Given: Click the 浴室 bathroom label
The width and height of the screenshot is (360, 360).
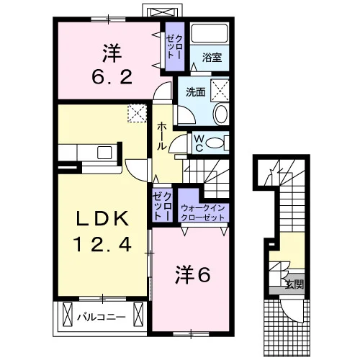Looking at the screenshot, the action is coord(212,58).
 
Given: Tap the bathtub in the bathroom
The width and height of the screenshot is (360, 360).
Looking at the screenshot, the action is coord(210,33).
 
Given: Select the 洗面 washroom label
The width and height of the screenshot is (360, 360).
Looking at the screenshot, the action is coord(196,92).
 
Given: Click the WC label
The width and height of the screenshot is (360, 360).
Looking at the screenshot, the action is coord(199,143).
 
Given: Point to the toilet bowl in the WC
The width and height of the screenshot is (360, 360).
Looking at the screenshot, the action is coord(215,143).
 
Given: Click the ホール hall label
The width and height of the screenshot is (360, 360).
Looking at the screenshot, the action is coord(162,136).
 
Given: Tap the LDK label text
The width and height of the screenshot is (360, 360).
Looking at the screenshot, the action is coord(102,219).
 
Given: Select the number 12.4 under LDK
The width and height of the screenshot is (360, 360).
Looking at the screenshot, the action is coord(103,244).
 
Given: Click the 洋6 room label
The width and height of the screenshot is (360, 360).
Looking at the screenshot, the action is coord(193,274).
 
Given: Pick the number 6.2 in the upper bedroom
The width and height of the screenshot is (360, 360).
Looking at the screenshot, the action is coord(112,78).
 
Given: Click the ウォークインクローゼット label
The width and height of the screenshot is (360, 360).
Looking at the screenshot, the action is coord(203,212).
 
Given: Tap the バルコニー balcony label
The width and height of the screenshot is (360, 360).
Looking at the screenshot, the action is coord(101,318).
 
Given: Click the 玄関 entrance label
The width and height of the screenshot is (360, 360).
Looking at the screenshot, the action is coord(294,284).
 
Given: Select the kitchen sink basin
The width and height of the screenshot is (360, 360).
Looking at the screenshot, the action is coord(104,153).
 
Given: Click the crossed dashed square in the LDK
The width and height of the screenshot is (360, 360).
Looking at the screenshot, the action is coord(137,113).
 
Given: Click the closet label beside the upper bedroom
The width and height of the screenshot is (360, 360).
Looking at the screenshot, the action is coord(175,47).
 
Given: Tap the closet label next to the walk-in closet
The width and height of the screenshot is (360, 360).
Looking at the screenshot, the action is coord(163,207).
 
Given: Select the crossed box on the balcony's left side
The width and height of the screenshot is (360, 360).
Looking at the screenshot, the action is coord(67,315).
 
